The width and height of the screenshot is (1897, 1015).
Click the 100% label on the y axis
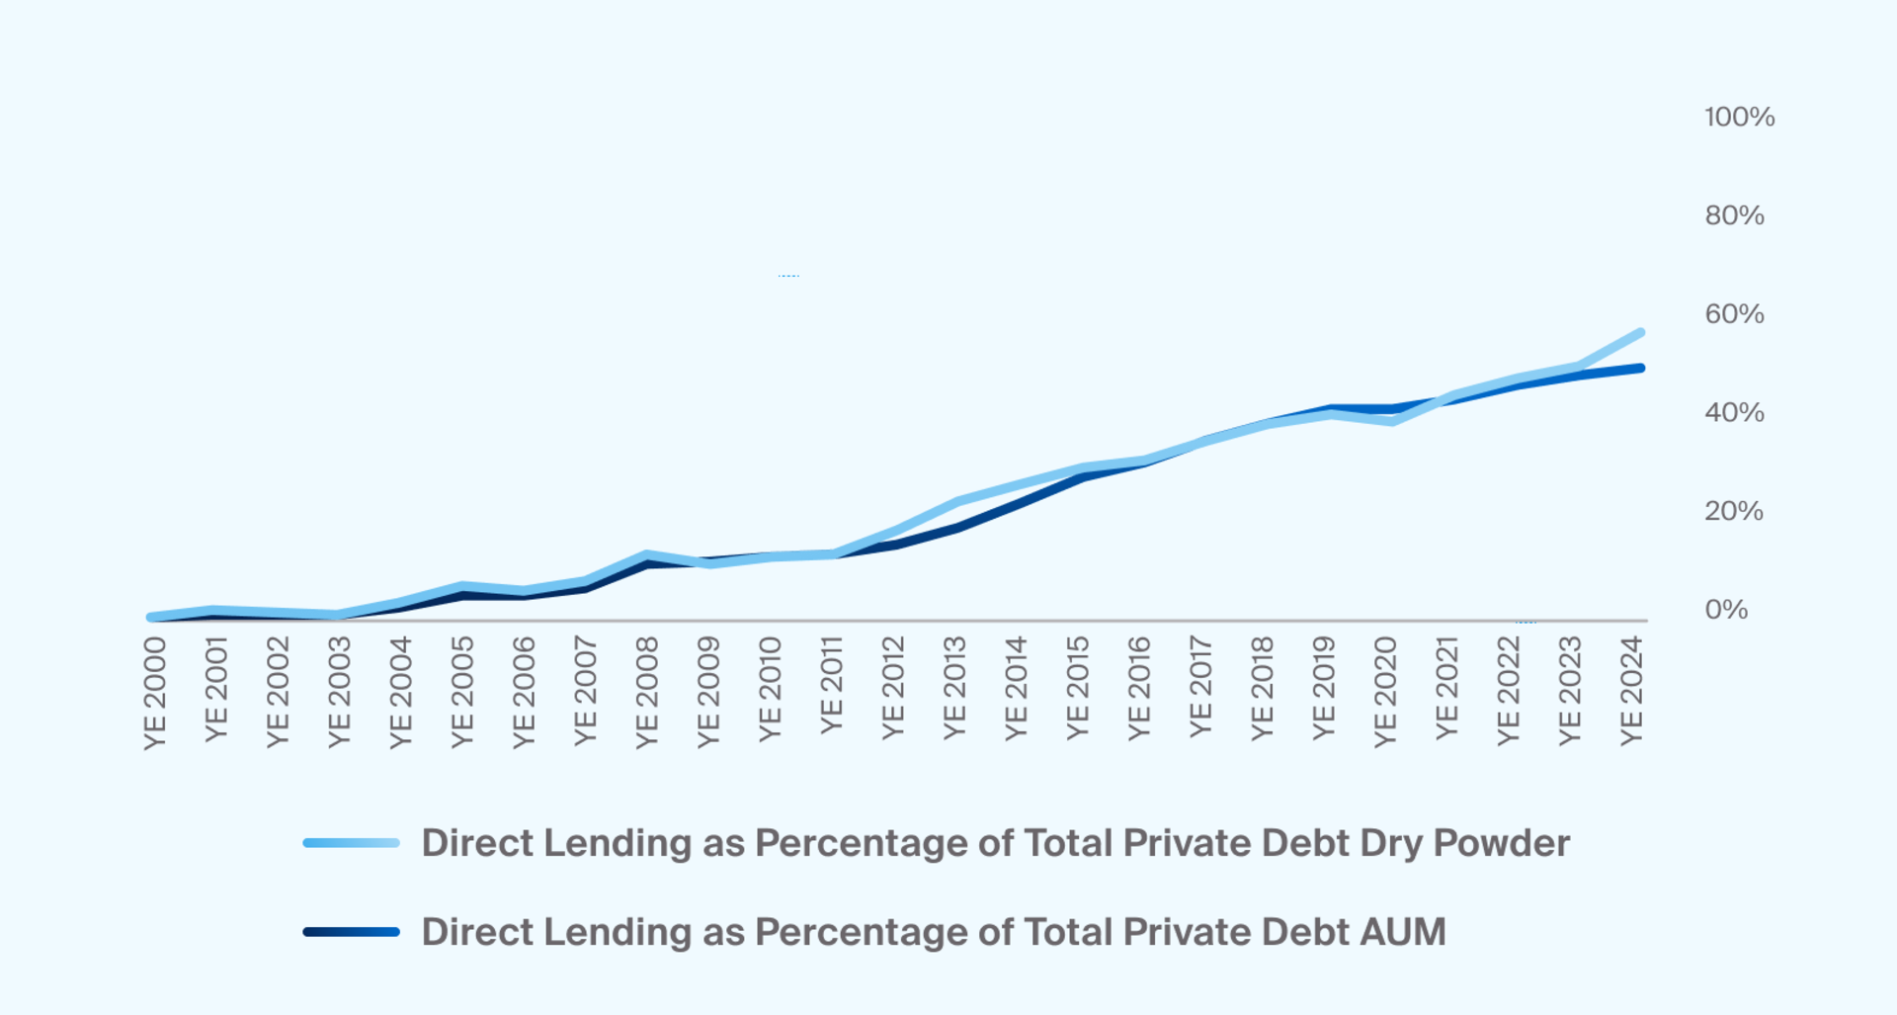click(1739, 118)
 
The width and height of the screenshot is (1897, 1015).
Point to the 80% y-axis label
click(1734, 215)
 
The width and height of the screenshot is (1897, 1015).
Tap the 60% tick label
click(1734, 314)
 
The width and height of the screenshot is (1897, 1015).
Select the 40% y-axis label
click(1734, 413)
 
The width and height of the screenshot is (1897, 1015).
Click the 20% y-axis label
click(1733, 511)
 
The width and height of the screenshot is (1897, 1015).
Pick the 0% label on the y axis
click(1725, 610)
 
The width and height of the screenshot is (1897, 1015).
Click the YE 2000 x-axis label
click(155, 693)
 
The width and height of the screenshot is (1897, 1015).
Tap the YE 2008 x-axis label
click(647, 693)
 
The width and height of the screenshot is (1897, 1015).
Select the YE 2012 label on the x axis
click(893, 688)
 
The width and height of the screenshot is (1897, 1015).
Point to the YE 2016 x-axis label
click(1139, 688)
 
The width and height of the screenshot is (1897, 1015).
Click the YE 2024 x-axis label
click(1631, 691)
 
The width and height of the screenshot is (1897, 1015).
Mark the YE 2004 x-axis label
click(401, 693)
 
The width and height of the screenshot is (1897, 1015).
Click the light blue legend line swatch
click(351, 843)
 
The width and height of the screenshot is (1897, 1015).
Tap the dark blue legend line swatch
click(351, 932)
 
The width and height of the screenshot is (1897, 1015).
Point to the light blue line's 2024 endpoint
click(1640, 333)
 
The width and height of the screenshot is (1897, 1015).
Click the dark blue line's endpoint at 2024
click(1640, 369)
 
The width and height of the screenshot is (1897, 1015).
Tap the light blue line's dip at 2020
click(1391, 421)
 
